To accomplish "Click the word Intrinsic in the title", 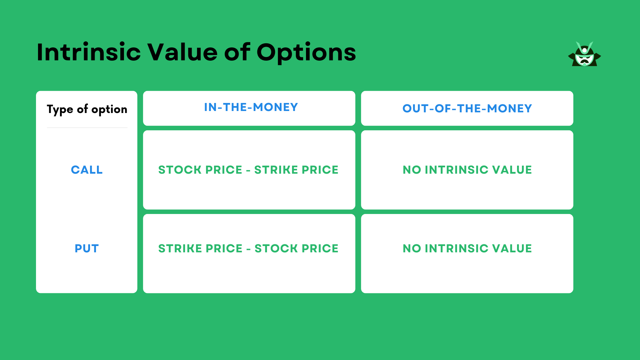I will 89,52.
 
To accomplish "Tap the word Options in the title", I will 306,53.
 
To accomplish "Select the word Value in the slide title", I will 182,52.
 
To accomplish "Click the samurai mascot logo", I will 584,54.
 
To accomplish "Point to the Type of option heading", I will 87,109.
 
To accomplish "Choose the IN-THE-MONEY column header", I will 251,107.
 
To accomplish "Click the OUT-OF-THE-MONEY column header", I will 467,109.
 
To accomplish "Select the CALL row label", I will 87,170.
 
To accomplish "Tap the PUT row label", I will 87,249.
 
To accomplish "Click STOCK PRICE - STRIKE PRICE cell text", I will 248,170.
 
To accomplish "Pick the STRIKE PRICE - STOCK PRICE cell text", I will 248,249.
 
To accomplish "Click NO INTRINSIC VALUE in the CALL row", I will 467,170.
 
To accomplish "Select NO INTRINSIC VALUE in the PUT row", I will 467,249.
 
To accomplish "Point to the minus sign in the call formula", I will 248,171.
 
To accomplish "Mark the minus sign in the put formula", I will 248,249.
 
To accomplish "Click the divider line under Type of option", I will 87,128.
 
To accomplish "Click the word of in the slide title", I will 237,52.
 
